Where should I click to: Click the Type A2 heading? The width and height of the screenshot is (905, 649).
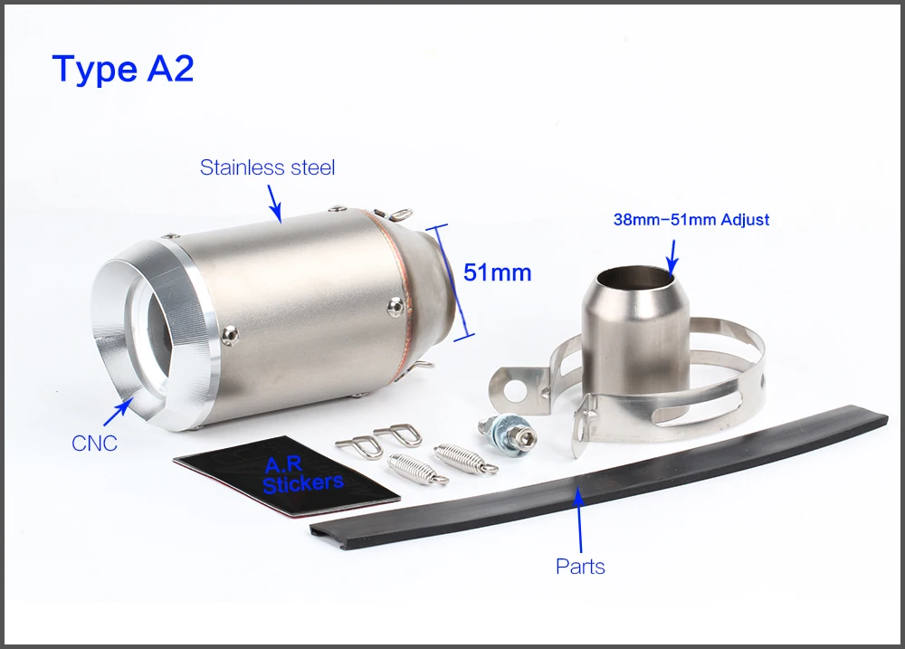click(123, 70)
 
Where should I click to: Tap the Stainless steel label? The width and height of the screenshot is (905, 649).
click(267, 167)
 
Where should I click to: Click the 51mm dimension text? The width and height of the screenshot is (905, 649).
click(498, 272)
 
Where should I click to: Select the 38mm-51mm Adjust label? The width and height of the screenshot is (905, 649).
click(691, 219)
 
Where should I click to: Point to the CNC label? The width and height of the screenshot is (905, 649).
click(94, 444)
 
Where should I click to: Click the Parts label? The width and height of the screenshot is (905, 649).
click(580, 567)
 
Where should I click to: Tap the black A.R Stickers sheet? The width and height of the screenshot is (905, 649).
click(287, 477)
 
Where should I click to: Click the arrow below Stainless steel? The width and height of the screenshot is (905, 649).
click(274, 204)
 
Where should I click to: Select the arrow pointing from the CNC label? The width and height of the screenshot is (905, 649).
click(118, 413)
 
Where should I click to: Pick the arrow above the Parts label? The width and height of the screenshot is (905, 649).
click(578, 520)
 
